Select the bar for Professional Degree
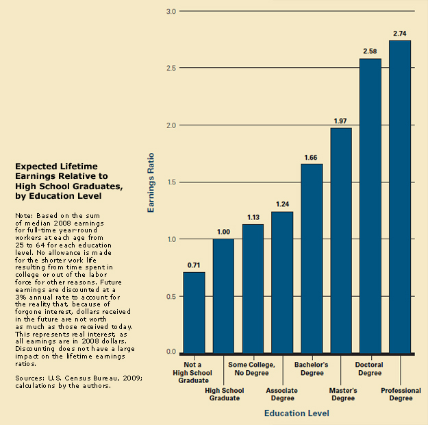[400, 197]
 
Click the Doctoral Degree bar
[370, 206]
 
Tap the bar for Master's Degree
[341, 240]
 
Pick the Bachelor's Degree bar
[312, 258]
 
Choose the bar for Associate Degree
[282, 282]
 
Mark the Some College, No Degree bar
[253, 288]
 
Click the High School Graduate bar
[223, 295]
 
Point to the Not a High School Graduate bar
[194, 312]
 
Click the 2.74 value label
[400, 33]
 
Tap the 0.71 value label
[194, 264]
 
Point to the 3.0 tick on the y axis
[171, 12]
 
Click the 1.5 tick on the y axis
[171, 182]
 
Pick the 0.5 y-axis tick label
[171, 296]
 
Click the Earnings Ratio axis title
[151, 182]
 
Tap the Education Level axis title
[297, 413]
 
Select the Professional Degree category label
[401, 394]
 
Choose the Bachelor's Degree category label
[312, 369]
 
